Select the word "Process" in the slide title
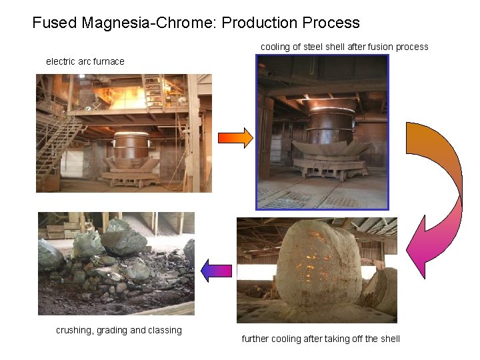[330, 23]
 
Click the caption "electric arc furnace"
[85, 61]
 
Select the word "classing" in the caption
[164, 330]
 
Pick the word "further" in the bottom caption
[255, 339]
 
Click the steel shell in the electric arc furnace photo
[131, 150]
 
